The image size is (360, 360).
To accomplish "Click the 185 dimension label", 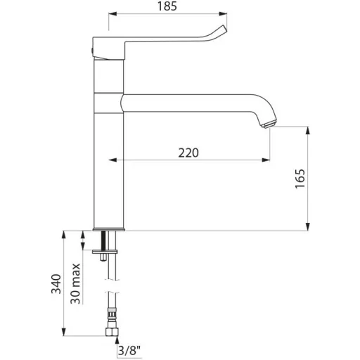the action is tap(167, 6).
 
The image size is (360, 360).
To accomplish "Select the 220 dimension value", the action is tap(188, 153).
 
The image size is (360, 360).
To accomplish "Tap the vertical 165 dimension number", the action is tap(300, 179).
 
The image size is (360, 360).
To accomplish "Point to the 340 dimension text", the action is tap(56, 283).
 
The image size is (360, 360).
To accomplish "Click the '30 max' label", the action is tap(75, 283).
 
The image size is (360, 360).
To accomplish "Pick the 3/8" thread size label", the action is tap(129, 351).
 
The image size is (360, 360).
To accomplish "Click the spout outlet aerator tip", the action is tap(269, 124).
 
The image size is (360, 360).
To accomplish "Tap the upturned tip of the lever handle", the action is tap(223, 29).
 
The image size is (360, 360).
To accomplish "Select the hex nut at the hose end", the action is tap(112, 332).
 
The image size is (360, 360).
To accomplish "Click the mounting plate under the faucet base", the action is tap(105, 252).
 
